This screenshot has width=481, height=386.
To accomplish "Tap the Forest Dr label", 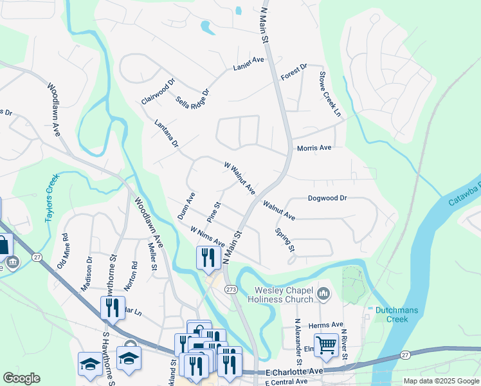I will pyautogui.click(x=295, y=72).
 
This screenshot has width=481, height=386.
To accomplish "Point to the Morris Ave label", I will pyautogui.click(x=314, y=148).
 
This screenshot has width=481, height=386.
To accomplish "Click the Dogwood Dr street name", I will pyautogui.click(x=327, y=199).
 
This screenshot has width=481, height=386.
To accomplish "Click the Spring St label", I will pyautogui.click(x=285, y=240).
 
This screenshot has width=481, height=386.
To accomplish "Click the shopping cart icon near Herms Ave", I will pyautogui.click(x=327, y=344).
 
